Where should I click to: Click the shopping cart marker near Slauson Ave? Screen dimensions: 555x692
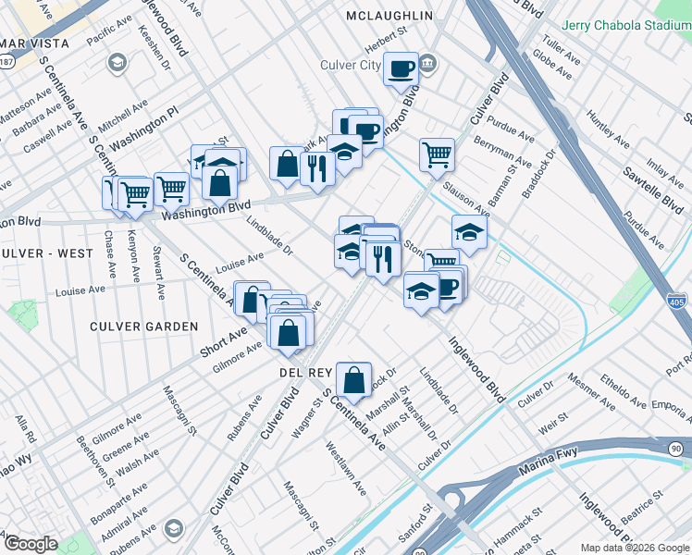(x=437, y=154)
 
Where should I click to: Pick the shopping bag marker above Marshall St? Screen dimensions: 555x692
(x=353, y=378)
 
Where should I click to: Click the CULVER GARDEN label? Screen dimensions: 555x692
(x=143, y=327)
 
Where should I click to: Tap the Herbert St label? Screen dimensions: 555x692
(x=386, y=34)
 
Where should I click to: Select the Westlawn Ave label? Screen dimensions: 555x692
(x=347, y=467)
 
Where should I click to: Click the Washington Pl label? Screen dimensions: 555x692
(x=143, y=132)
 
